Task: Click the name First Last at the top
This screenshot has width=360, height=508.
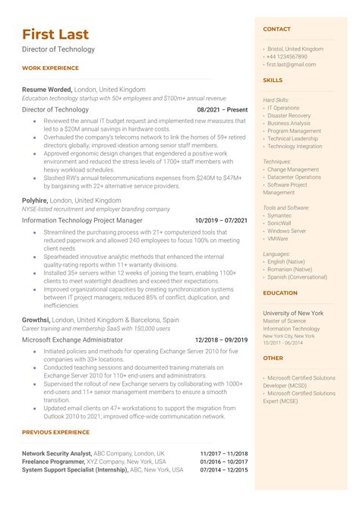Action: pyautogui.click(x=55, y=34)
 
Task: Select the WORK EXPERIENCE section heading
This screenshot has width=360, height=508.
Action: pyautogui.click(x=50, y=68)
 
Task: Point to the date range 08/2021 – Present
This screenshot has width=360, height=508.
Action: pyautogui.click(x=223, y=109)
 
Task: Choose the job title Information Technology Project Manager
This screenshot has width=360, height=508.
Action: pyautogui.click(x=81, y=220)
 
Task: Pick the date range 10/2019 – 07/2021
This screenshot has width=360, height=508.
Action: pyautogui.click(x=221, y=220)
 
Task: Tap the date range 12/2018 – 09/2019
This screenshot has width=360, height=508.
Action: pyautogui.click(x=221, y=340)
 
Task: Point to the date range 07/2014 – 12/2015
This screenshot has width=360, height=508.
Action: pyautogui.click(x=224, y=470)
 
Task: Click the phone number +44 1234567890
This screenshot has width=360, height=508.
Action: pyautogui.click(x=287, y=57)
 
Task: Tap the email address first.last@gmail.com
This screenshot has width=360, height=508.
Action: pyautogui.click(x=292, y=65)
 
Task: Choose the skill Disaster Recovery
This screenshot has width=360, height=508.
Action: pyautogui.click(x=289, y=115)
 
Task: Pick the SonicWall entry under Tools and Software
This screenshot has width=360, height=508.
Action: pyautogui.click(x=279, y=223)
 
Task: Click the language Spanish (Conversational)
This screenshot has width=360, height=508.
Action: pyautogui.click(x=298, y=277)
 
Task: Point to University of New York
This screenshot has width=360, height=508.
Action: pyautogui.click(x=292, y=313)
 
